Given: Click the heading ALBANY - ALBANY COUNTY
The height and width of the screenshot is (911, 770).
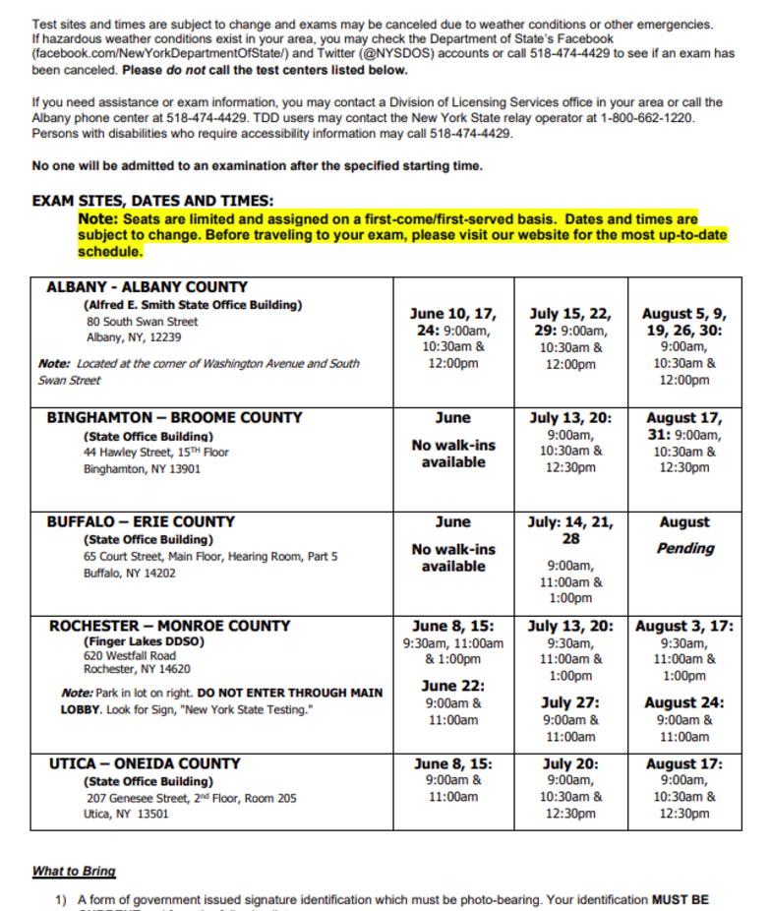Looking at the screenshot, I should (x=147, y=288).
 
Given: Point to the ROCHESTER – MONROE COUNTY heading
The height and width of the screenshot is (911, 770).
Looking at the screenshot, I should (x=169, y=626).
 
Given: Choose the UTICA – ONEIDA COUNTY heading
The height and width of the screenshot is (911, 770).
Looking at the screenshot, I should (x=145, y=763).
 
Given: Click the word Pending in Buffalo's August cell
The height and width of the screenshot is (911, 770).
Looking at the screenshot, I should (x=684, y=549).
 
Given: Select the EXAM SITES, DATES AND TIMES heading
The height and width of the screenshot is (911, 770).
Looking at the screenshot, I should (x=152, y=201).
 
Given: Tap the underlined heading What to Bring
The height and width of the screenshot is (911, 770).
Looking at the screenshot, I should (x=74, y=872).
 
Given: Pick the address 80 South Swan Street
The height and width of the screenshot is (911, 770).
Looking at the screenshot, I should (x=142, y=322).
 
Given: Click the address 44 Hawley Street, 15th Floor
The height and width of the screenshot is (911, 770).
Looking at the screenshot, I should (x=155, y=453).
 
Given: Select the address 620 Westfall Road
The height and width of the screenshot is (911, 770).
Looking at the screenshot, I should (x=130, y=655).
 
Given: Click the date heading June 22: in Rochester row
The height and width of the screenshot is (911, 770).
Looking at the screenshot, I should (x=453, y=686).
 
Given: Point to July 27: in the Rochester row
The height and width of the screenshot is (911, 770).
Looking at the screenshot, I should (x=570, y=702).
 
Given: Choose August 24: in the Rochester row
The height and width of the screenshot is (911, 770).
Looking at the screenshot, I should (x=684, y=702).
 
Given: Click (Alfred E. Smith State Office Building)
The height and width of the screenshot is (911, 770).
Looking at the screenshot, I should (x=193, y=306).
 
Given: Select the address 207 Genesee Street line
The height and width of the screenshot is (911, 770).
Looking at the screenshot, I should (x=191, y=799).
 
